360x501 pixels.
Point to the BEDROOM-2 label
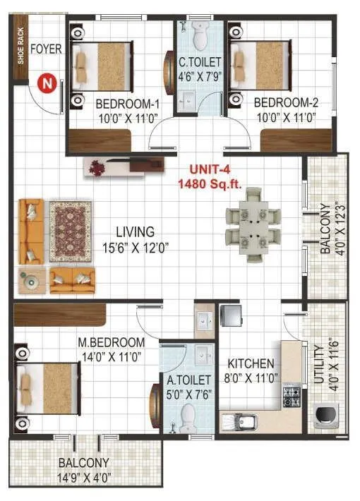click(284, 102)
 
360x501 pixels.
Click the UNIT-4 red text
click(209, 170)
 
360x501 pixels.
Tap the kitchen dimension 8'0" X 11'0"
click(251, 378)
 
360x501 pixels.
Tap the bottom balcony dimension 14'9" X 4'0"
click(83, 476)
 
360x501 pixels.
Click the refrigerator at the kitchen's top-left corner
click(231, 318)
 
